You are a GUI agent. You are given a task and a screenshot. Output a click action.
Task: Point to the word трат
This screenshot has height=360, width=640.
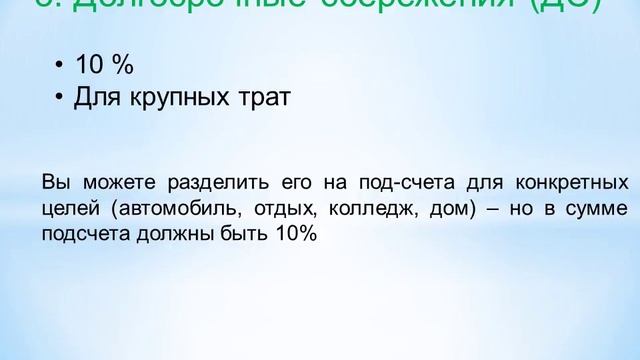261,98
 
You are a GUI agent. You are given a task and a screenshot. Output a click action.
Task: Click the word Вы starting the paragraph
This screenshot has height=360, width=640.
55,184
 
